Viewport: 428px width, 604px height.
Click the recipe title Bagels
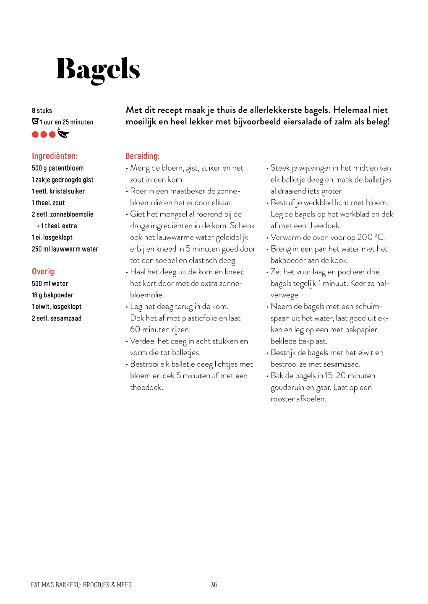pos(98,70)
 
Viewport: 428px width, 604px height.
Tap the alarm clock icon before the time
pos(35,122)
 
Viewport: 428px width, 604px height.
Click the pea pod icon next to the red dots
pos(63,133)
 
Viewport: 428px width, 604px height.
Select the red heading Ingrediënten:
pos(55,156)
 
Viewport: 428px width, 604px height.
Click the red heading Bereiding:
pos(142,156)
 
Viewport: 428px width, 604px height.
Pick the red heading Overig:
pos(44,271)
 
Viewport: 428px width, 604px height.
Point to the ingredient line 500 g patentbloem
pos(57,168)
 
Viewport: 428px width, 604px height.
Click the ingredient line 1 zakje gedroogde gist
pos(63,180)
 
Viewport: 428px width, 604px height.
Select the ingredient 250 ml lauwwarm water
pos(65,249)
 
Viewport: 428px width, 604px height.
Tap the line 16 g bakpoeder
pos(52,295)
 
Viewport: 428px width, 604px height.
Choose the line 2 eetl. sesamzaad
pos(57,318)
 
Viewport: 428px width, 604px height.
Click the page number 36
pos(214,585)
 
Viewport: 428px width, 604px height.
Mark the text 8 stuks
pos(42,111)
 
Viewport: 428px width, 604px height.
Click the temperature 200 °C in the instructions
pos(371,237)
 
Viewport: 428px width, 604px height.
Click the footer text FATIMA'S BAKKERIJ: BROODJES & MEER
pos(81,585)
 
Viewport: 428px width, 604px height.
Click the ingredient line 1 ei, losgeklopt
pos(52,237)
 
